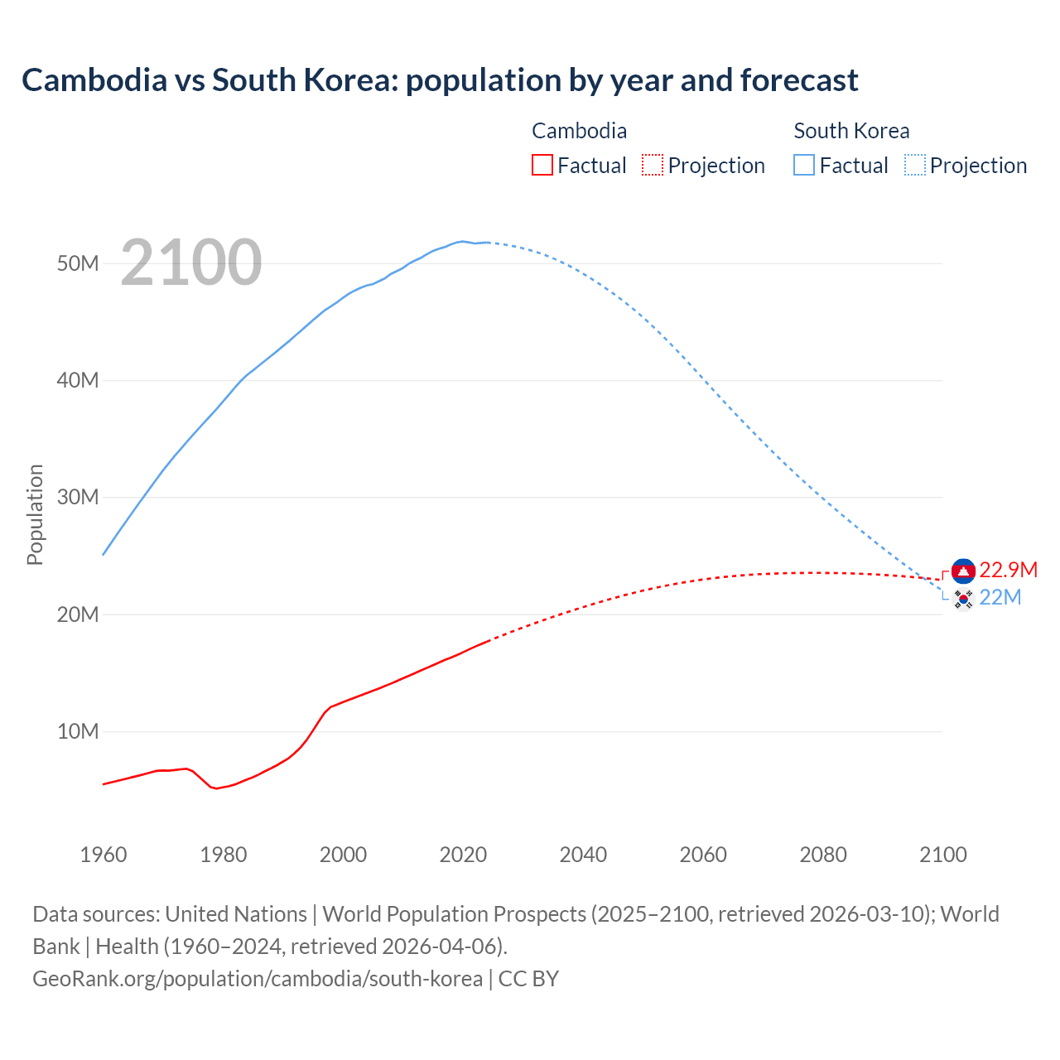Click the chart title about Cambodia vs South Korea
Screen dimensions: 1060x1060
[440, 80]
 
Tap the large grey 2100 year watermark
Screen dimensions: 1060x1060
[191, 263]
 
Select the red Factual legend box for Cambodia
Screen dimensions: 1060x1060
[542, 165]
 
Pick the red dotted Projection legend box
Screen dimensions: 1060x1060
[653, 165]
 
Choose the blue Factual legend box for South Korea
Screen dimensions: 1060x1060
[803, 165]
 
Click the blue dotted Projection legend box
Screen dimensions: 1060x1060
[914, 165]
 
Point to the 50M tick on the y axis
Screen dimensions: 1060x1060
[78, 263]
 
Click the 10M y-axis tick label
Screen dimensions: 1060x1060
[78, 731]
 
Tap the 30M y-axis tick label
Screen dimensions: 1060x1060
[78, 497]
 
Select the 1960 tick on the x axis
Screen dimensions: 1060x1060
[104, 855]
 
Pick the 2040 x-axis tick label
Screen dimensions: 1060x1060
[583, 855]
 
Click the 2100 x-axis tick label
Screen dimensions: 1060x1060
[942, 855]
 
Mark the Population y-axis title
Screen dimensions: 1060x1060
[35, 514]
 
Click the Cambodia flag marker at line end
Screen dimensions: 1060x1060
[963, 571]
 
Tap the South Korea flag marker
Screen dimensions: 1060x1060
[963, 599]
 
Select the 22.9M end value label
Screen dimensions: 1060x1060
[1008, 570]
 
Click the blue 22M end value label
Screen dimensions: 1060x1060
[1000, 597]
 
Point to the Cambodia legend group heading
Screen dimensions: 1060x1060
[579, 131]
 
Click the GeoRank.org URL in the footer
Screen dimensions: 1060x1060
[258, 978]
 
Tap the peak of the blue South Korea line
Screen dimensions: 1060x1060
[462, 241]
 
